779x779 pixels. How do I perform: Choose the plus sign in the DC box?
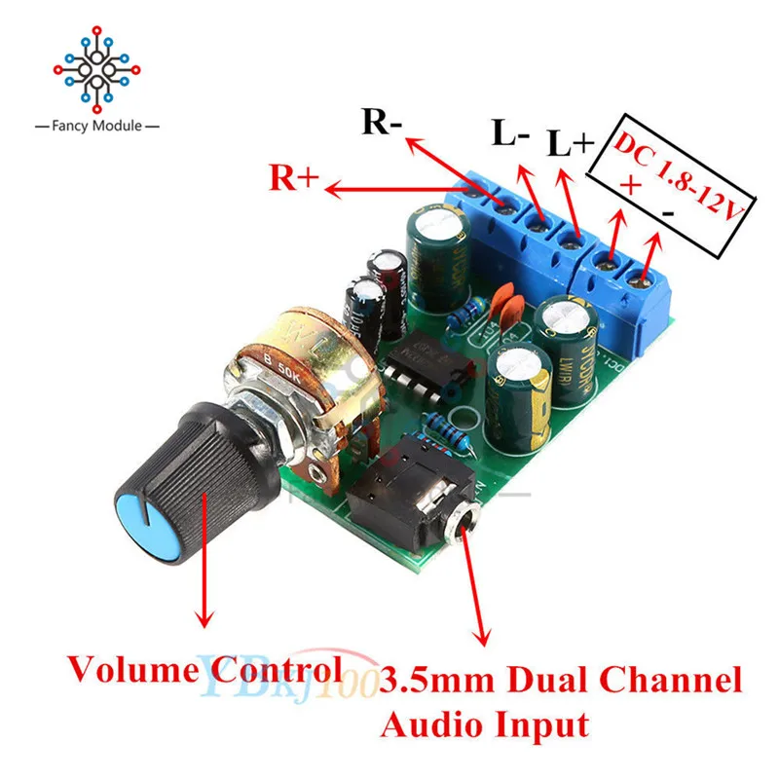pos(626,183)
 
